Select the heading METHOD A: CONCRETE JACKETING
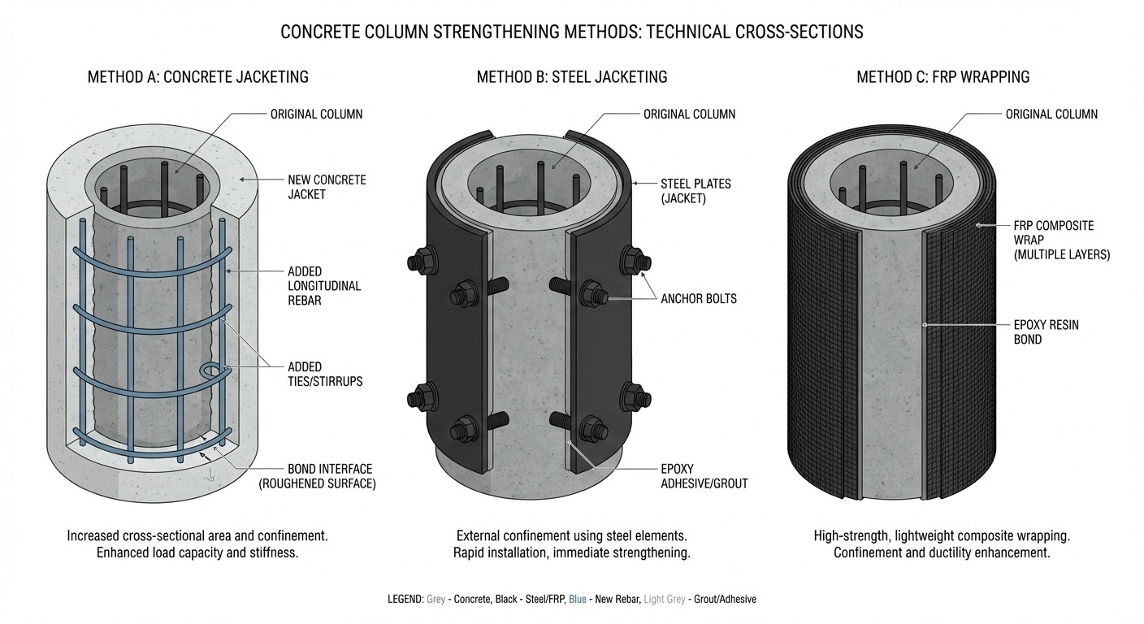(x=197, y=77)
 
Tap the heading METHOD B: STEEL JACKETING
(x=571, y=77)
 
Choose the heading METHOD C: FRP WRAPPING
(x=942, y=77)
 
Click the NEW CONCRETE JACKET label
(x=327, y=186)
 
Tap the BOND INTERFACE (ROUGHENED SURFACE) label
(x=331, y=476)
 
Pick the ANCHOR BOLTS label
(x=699, y=298)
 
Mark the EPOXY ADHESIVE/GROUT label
(x=704, y=476)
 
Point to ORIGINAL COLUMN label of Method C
(x=1051, y=114)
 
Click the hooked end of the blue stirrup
(x=213, y=372)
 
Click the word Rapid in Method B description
(x=473, y=553)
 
